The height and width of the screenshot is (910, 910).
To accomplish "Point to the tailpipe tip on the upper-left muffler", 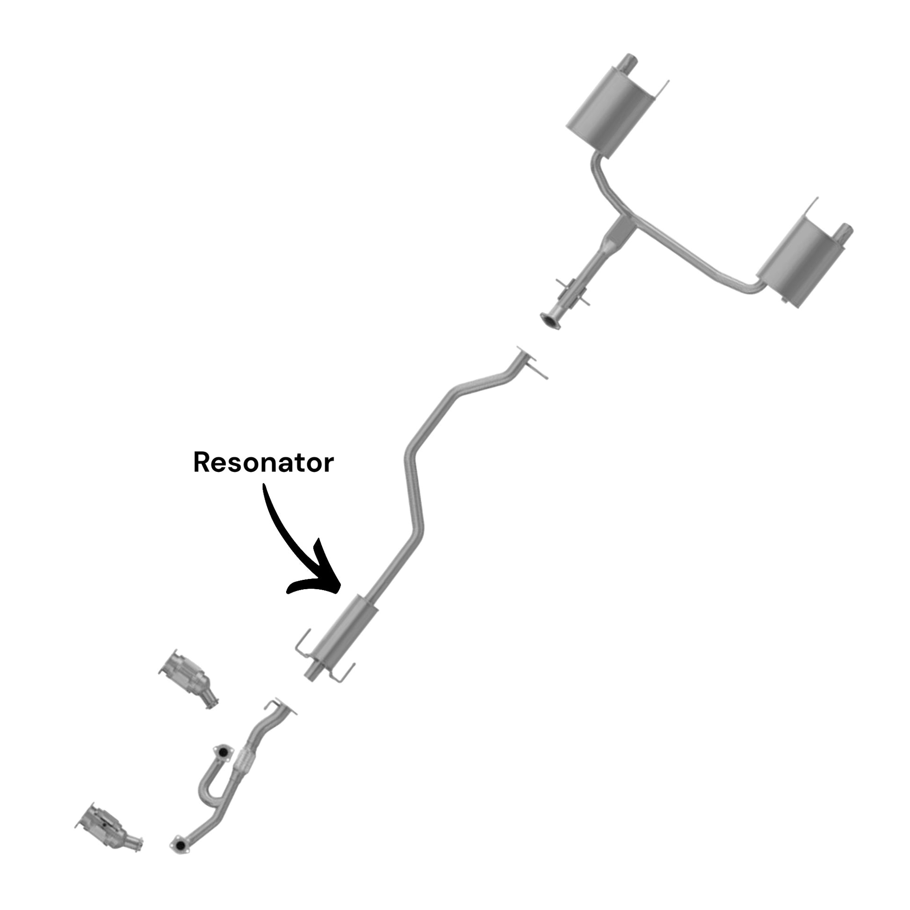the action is click(628, 64).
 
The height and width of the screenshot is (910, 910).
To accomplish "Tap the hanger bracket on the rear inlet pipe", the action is click(572, 292).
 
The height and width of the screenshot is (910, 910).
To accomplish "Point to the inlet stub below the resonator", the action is click(312, 672).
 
